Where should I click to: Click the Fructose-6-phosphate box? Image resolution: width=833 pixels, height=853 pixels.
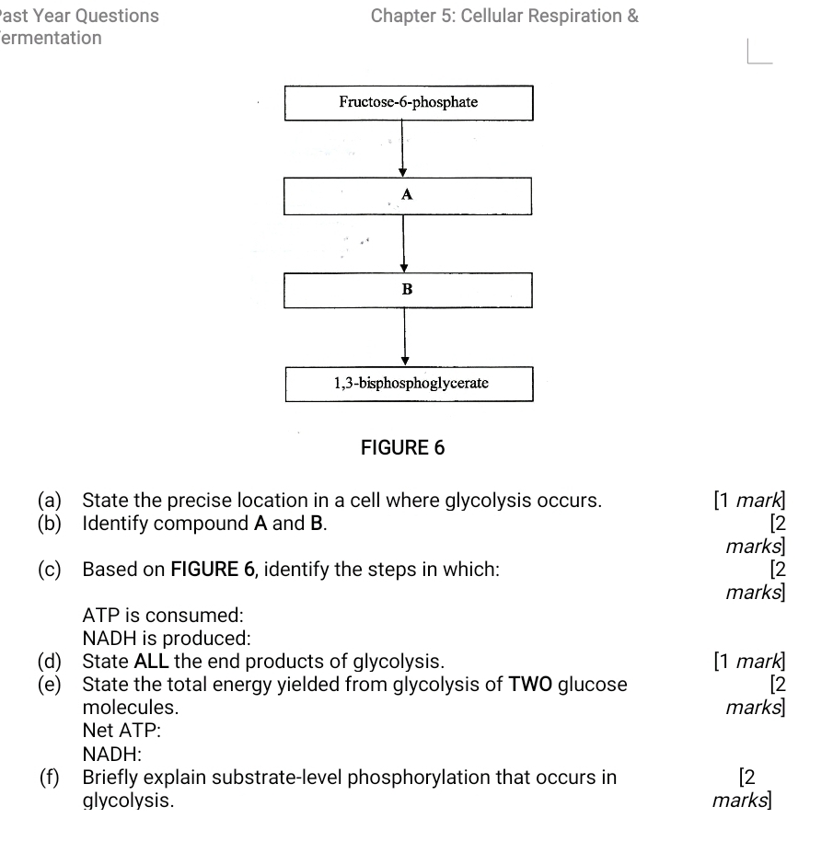(408, 102)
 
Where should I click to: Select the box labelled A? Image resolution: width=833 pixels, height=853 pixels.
(408, 195)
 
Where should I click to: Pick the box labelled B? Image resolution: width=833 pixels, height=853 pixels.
(408, 290)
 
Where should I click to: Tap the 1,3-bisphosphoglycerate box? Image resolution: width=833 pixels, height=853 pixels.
(408, 383)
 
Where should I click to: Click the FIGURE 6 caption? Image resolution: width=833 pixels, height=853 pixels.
(402, 448)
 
